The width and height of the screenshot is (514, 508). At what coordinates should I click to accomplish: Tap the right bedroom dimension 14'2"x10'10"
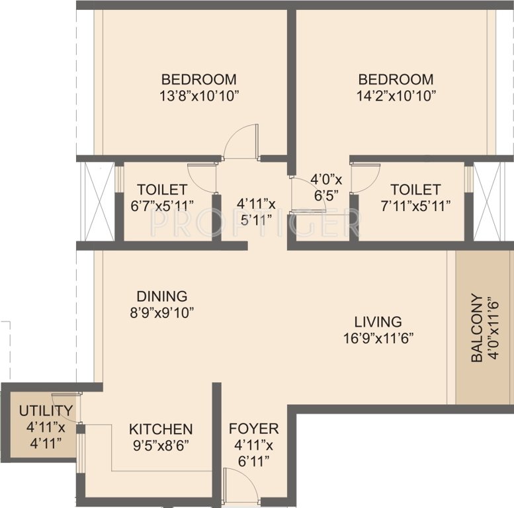point(394,95)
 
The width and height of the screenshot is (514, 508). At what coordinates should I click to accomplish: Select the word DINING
point(162,296)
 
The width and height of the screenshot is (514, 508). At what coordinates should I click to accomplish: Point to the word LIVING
point(378,322)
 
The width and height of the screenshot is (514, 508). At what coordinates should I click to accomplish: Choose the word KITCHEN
point(161,429)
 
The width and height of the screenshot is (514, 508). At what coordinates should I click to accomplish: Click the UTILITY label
point(46,410)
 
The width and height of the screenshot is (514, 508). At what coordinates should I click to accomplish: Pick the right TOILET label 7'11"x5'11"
point(415,197)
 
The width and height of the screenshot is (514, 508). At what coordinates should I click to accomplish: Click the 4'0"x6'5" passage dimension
point(327,187)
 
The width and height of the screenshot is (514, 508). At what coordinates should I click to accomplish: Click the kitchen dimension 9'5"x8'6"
point(161,445)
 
